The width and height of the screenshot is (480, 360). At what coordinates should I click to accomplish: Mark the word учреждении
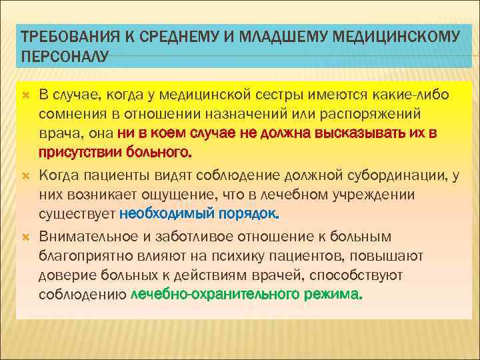pos(376,195)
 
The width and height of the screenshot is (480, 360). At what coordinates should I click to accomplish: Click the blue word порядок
pos(252,213)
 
